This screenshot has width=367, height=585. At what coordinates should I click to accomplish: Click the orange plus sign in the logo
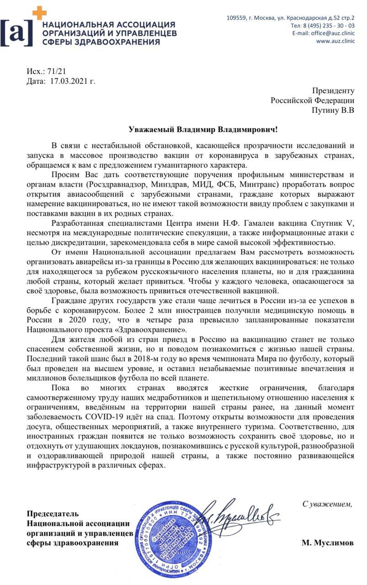pyautogui.click(x=39, y=13)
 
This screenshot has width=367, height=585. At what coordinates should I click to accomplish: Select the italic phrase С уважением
pyautogui.click(x=327, y=504)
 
